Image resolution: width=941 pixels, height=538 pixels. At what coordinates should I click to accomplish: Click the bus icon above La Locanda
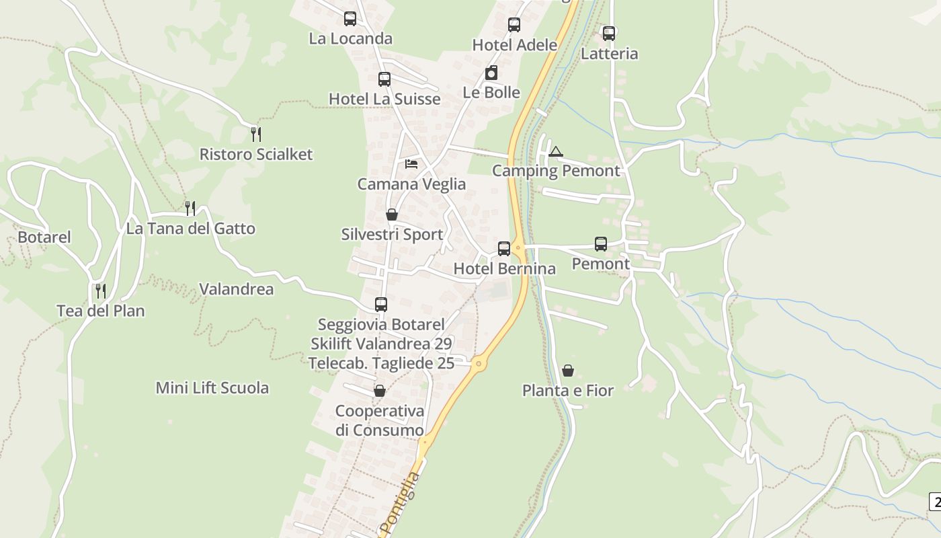point(350,19)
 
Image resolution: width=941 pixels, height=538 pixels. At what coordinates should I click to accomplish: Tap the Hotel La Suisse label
point(384,99)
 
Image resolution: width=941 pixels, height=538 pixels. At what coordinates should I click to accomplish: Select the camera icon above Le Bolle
point(491,73)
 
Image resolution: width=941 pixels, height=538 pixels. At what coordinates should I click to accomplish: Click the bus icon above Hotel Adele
point(514,25)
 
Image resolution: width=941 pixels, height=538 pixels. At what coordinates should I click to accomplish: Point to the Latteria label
point(609,54)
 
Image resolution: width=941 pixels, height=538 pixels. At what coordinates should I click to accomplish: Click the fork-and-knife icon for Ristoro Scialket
point(255,134)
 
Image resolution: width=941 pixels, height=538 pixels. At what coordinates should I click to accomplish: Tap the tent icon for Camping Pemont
point(555,151)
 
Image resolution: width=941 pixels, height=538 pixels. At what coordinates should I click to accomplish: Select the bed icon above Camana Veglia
point(411,163)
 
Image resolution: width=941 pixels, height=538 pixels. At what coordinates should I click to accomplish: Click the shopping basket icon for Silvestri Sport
point(392,215)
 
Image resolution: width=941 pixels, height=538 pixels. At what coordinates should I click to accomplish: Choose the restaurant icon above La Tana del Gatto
point(190,208)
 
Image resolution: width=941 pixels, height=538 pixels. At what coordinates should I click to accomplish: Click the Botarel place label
point(44,237)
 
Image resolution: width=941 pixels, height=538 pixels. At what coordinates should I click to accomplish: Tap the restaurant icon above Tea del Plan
point(101,291)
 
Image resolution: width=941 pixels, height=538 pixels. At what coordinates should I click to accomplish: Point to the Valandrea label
point(237,289)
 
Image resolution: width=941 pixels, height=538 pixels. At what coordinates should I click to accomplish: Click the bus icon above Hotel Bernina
point(504,249)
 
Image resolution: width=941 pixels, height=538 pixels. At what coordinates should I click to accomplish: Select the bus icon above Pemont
point(601,244)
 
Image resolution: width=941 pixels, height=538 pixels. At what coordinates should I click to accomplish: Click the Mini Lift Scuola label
point(212,388)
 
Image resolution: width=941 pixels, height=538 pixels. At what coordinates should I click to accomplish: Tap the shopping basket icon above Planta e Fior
point(568,371)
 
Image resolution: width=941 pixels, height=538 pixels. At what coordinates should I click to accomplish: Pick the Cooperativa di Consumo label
point(380,420)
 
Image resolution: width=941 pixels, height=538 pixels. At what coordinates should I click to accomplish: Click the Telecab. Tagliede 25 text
point(381,363)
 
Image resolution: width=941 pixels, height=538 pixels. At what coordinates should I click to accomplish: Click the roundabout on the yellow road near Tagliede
point(479,364)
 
